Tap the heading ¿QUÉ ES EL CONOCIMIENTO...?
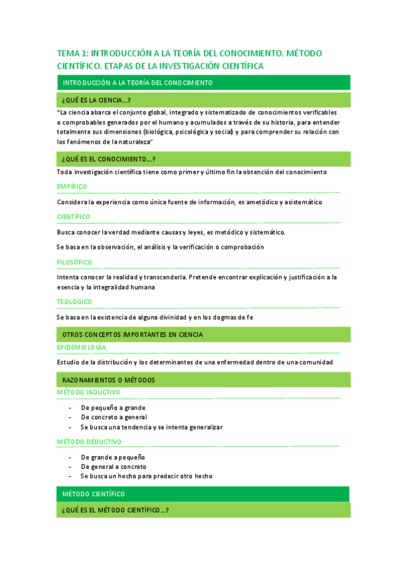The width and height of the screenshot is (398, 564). pos(109,160)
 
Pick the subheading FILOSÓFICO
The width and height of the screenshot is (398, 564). pos(74,262)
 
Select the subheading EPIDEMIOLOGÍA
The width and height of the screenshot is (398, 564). pos(81,347)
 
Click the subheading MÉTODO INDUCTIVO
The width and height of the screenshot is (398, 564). pos(88,392)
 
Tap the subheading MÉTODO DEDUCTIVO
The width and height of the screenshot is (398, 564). pos(89,442)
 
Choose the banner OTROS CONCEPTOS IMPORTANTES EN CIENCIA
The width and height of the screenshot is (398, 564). pos(132,334)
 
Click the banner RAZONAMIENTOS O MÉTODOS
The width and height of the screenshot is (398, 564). pos(108,380)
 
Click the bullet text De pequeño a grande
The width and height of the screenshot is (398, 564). pos(113,408)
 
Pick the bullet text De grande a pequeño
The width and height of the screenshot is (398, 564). pos(113,457)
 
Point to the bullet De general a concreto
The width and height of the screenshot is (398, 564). pos(114,467)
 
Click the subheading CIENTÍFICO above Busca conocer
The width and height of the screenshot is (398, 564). pos(74,217)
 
